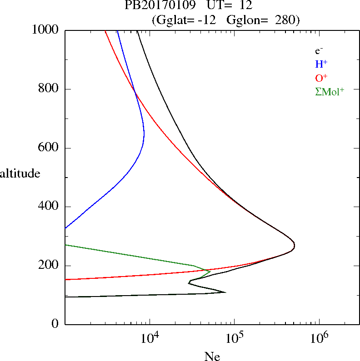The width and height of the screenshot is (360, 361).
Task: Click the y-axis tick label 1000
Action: pyautogui.click(x=45, y=30)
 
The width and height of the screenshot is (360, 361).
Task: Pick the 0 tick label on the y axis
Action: pyautogui.click(x=55, y=324)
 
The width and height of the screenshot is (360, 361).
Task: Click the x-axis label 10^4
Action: pyautogui.click(x=150, y=338)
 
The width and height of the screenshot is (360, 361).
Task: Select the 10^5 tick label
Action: pyautogui.click(x=234, y=338)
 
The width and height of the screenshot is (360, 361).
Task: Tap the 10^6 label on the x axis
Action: pyautogui.click(x=319, y=338)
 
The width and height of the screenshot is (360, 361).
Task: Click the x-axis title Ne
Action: pyautogui.click(x=212, y=357)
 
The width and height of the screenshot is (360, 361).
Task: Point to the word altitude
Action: pyautogui.click(x=20, y=173)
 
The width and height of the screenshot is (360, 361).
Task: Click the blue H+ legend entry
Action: pyautogui.click(x=321, y=64)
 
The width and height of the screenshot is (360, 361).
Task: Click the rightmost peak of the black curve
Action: pyautogui.click(x=295, y=246)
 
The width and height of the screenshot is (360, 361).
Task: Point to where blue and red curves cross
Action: pyautogui.click(x=135, y=94)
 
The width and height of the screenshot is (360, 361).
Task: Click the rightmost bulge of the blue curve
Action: pyautogui.click(x=144, y=133)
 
